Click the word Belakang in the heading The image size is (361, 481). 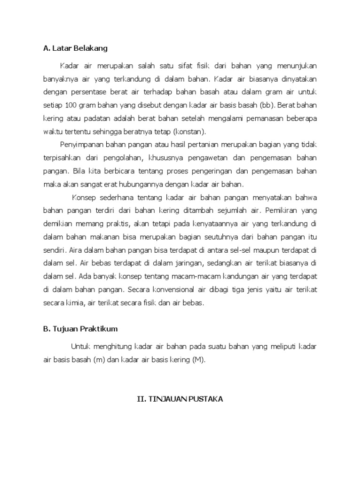point(91,48)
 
